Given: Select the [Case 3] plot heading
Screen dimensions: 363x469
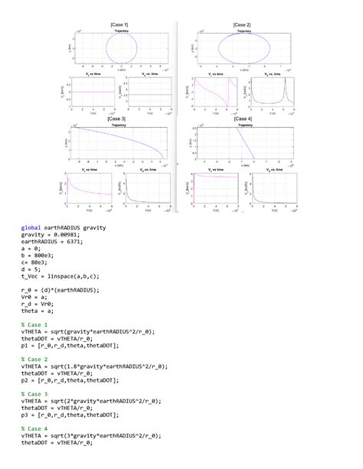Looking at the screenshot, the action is (x=119, y=119).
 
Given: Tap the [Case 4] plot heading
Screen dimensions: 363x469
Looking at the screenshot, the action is (x=242, y=119).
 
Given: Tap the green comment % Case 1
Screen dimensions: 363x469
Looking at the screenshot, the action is (x=34, y=324).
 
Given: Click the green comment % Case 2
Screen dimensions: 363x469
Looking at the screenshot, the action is (x=34, y=357).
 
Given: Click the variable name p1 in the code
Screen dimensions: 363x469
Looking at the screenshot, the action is (x=25, y=347).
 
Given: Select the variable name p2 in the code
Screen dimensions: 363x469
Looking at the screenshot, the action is (x=25, y=381).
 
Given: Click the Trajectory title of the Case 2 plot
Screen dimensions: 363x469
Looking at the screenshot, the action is (x=244, y=31).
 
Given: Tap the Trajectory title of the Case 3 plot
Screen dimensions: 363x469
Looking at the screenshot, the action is (x=119, y=125).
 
